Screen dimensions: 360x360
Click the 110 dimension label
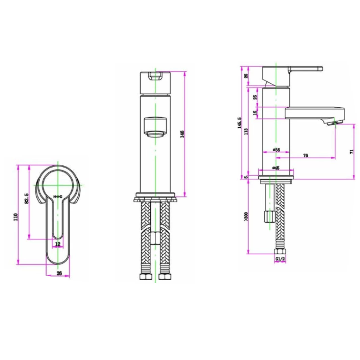coord(15,217)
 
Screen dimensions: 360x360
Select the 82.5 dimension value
coord(27,198)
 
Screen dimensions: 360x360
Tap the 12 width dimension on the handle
coord(58,243)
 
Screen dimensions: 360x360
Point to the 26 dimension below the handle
coord(59,273)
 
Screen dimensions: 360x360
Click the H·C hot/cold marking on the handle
coord(58,196)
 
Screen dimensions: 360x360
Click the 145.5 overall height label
coord(239,123)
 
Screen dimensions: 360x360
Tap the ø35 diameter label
coord(276,150)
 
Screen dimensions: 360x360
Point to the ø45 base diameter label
coord(276,168)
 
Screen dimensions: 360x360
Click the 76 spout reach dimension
coord(305,155)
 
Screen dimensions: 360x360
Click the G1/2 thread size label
coord(280,259)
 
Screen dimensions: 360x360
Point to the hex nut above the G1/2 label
coord(280,252)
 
